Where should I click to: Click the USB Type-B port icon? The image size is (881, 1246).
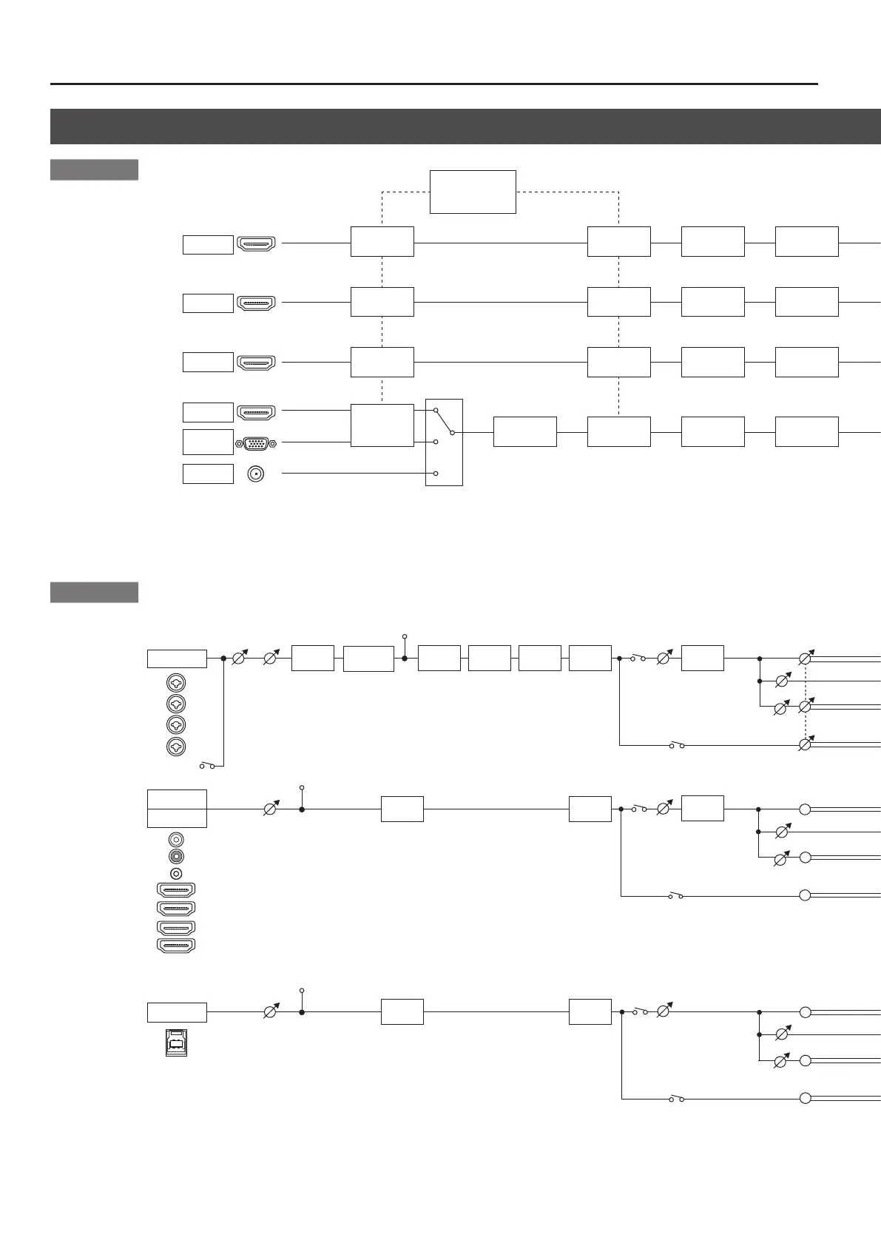pyautogui.click(x=176, y=1042)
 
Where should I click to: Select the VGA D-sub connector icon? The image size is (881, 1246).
pyautogui.click(x=255, y=443)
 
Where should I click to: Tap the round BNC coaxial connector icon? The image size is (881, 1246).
pyautogui.click(x=256, y=474)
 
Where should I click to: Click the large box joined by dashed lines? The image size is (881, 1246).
pyautogui.click(x=473, y=192)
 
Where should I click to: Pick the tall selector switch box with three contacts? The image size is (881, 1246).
pyautogui.click(x=444, y=442)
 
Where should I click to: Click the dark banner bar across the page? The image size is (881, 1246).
pyautogui.click(x=465, y=127)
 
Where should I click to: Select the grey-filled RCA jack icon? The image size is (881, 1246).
pyautogui.click(x=176, y=856)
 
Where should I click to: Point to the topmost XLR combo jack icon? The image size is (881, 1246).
pyautogui.click(x=176, y=682)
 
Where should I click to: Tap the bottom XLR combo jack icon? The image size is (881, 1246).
pyautogui.click(x=176, y=747)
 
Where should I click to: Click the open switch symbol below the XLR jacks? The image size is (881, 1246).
pyautogui.click(x=206, y=766)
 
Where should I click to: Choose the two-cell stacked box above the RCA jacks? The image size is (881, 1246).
pyautogui.click(x=177, y=808)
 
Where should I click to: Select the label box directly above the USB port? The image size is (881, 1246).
pyautogui.click(x=177, y=1012)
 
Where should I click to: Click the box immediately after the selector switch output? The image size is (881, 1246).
pyautogui.click(x=524, y=431)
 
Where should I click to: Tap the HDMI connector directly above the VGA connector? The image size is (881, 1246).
pyautogui.click(x=256, y=412)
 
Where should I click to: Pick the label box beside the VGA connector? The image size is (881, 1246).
pyautogui.click(x=208, y=442)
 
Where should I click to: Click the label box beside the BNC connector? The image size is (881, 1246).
pyautogui.click(x=208, y=474)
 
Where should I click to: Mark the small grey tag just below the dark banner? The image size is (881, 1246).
pyautogui.click(x=94, y=169)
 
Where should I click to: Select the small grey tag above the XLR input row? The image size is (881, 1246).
pyautogui.click(x=94, y=593)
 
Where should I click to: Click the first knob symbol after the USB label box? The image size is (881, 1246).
pyautogui.click(x=271, y=1012)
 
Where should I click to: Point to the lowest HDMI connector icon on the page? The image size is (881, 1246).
pyautogui.click(x=176, y=945)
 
